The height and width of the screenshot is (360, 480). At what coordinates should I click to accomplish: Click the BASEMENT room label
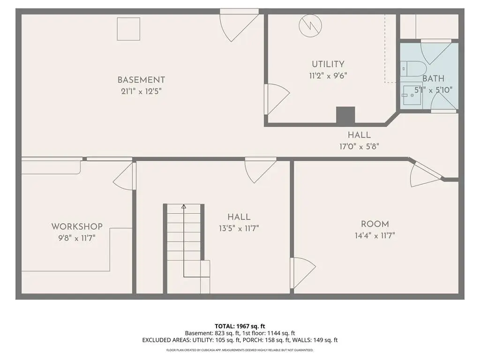(141, 80)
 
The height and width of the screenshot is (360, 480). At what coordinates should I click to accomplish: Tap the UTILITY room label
(328, 64)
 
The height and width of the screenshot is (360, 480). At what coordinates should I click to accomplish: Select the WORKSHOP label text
(77, 226)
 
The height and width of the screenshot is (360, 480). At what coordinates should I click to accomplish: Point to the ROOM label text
(375, 224)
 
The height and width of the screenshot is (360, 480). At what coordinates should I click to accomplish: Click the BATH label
(433, 79)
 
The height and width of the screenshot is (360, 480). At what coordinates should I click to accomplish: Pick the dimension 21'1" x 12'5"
(141, 91)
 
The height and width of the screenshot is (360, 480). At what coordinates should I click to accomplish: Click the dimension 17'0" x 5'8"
(359, 147)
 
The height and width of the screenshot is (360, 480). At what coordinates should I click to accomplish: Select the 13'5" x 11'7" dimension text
(239, 228)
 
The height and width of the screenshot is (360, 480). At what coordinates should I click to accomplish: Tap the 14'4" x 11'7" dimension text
(375, 235)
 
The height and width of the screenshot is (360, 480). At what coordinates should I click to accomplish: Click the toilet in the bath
(413, 68)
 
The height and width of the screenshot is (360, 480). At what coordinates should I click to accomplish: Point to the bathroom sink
(412, 95)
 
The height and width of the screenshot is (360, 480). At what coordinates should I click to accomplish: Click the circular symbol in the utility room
(310, 26)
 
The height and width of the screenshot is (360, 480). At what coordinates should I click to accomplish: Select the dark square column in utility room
(345, 115)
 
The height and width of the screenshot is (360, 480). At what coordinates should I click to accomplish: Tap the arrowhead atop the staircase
(184, 207)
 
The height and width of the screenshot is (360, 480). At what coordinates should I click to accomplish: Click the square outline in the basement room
(128, 29)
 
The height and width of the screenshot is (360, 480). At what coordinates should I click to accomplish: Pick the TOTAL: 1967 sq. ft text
(240, 326)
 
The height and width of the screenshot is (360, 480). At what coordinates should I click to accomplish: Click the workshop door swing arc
(118, 178)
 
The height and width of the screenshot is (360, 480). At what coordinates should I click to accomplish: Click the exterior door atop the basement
(240, 25)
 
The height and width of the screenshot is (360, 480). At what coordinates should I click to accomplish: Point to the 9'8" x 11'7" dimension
(77, 238)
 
